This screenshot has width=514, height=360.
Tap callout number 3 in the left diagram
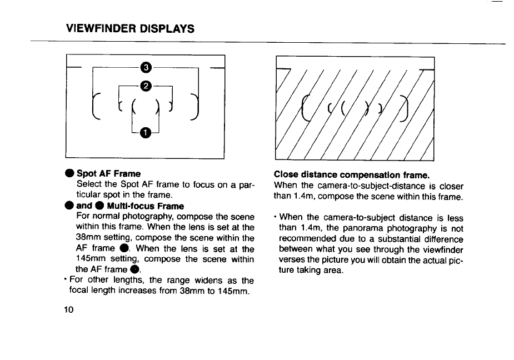pos(146,68)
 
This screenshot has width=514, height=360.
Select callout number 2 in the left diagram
pos(146,85)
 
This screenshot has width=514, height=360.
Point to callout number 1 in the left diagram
pos(146,132)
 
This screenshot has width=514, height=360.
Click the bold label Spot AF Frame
pos(108,174)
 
